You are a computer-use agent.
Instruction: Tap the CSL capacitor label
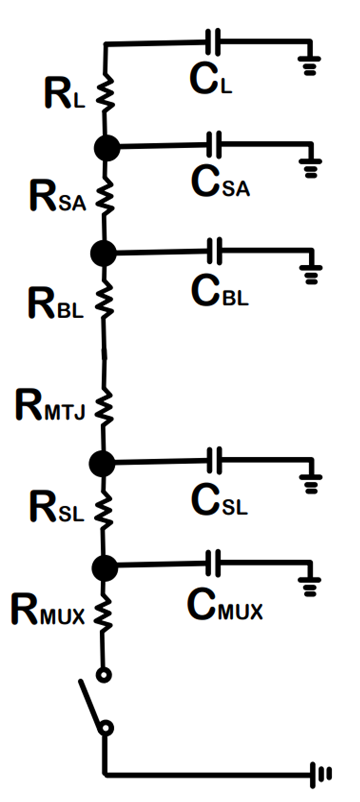pos(219,500)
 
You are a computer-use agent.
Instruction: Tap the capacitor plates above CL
pos(213,42)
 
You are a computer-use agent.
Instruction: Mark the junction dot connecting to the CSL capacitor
pos(102,464)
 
